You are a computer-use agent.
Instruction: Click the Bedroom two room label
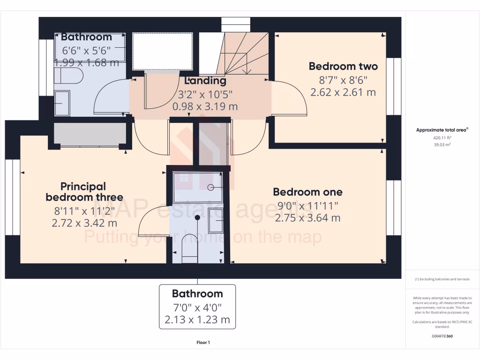click(343, 66)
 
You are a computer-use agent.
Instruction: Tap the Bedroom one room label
click(307, 192)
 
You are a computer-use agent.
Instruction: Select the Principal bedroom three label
click(84, 192)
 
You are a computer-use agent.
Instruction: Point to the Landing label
click(205, 81)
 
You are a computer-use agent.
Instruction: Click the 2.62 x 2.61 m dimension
click(343, 92)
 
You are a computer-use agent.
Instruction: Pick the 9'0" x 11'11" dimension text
click(307, 205)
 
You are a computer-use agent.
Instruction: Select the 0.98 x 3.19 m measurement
click(205, 106)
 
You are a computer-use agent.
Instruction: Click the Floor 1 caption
click(203, 343)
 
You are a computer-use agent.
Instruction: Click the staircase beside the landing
click(239, 54)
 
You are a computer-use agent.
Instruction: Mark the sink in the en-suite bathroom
click(216, 220)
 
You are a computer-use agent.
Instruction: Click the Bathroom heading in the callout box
click(197, 294)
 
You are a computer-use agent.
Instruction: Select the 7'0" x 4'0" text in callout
click(197, 307)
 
